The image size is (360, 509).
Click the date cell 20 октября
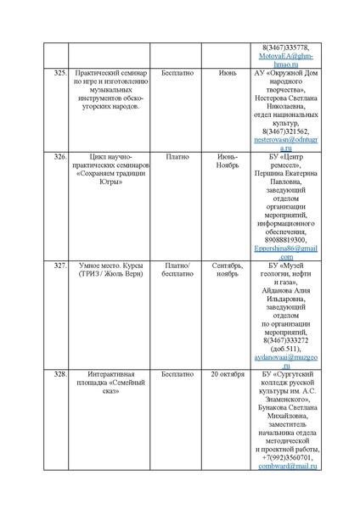pyautogui.click(x=227, y=373)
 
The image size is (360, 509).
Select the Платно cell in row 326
pyautogui.click(x=177, y=158)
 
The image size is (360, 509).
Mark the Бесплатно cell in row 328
pyautogui.click(x=177, y=373)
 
